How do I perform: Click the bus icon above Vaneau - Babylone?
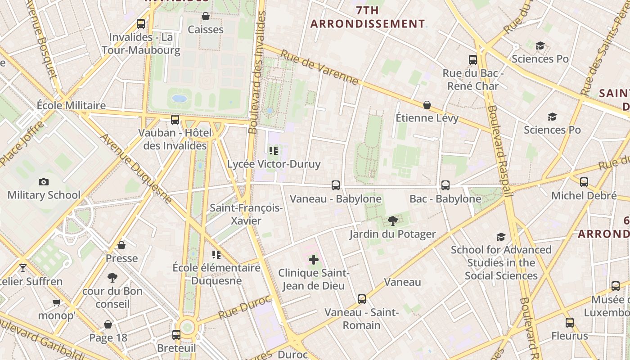pos(335,185)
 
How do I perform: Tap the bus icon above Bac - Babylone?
pos(445,185)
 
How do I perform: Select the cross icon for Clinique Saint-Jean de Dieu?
pos(314,260)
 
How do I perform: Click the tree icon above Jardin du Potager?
pos(392,220)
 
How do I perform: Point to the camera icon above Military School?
pos(44,182)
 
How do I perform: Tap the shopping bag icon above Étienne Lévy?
pos(427,105)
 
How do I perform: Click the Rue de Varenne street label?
pos(319,67)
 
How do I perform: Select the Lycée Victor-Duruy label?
pos(274,164)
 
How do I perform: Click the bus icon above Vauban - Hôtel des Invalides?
pos(175,120)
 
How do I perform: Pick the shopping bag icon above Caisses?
pos(206,16)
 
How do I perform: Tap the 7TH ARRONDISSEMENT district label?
pos(368,17)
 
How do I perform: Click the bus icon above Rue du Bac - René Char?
pos(472,60)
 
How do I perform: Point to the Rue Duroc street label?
pos(245,307)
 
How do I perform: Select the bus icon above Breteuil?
pos(176,335)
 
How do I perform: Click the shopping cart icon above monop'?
pos(56,302)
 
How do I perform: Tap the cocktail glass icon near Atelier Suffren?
pos(23,268)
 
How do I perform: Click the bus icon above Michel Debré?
pos(584,182)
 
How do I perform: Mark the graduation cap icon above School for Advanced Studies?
pos(501,237)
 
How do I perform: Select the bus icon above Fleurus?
pos(569,323)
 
